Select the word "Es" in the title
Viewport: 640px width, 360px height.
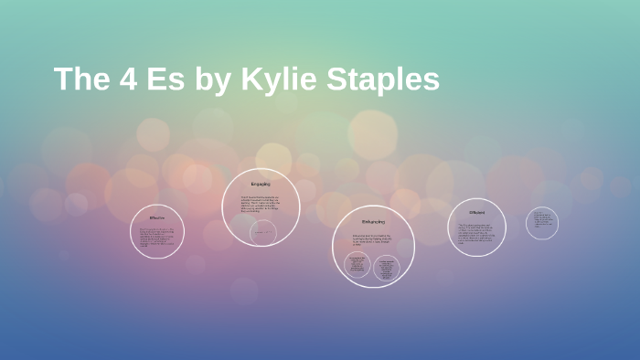pos(165,79)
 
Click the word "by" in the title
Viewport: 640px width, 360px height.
pos(212,80)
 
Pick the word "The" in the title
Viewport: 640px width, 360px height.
pos(82,79)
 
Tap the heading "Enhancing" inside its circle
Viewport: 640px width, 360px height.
pos(373,222)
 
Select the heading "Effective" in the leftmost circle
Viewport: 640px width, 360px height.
pos(157,218)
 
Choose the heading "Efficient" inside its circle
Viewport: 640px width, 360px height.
pos(476,212)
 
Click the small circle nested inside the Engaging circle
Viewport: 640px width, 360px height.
pos(263,233)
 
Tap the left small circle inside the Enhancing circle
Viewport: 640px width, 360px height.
pos(357,267)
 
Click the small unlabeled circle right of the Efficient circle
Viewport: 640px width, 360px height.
pos(542,223)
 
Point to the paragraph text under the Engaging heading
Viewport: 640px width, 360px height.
pos(261,206)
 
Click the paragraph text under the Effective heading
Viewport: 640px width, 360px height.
pos(157,236)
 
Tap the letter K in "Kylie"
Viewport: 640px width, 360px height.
pos(251,79)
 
